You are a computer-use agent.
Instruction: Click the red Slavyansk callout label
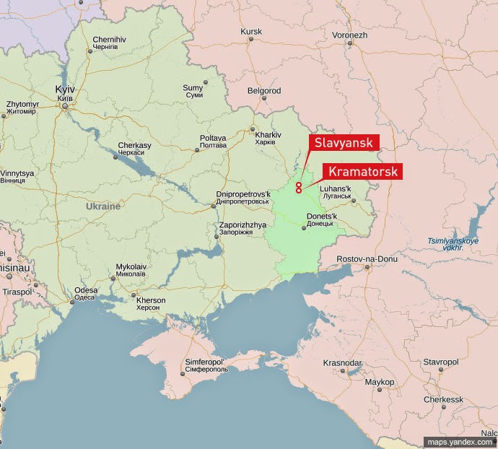(344, 142)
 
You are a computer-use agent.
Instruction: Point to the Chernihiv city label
(109, 44)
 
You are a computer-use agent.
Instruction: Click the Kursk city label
(251, 32)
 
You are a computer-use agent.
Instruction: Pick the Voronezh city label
(351, 35)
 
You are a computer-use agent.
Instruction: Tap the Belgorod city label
(264, 91)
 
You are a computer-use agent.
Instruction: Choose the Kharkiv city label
(268, 137)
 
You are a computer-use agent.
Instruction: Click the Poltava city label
(213, 141)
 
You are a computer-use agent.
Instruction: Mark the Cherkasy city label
(135, 148)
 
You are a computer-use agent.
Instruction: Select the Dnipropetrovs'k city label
(243, 197)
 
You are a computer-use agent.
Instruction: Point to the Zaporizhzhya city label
(236, 229)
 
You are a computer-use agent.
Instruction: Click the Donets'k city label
(321, 219)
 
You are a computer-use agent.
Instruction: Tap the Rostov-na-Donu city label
(367, 258)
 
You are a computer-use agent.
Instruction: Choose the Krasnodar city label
(342, 362)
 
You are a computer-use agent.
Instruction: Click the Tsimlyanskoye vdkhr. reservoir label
(454, 243)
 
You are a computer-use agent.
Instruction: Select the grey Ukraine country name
(103, 206)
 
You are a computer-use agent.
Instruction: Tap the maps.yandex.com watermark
(459, 442)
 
